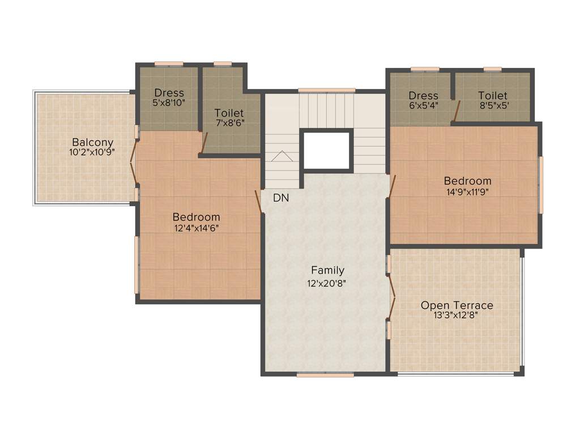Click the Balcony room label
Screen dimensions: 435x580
[x=92, y=142]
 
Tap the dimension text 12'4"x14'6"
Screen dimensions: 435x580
[x=196, y=228]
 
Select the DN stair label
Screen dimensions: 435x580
[x=281, y=198]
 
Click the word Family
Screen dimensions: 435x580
[x=327, y=270]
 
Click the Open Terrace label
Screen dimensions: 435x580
[x=457, y=305]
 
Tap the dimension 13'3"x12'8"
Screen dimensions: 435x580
[x=457, y=315]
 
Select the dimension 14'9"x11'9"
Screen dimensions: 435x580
[x=467, y=191]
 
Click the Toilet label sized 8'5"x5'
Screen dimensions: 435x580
[x=492, y=96]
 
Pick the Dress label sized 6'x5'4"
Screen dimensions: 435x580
[x=423, y=96]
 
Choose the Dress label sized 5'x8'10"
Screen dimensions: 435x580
[x=169, y=93]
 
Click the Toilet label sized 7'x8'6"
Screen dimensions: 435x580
[x=229, y=113]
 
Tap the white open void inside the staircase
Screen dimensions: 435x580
[x=327, y=150]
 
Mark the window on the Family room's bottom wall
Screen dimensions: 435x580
[x=325, y=374]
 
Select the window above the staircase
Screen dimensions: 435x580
[x=327, y=90]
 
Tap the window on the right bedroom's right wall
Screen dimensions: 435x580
[x=540, y=185]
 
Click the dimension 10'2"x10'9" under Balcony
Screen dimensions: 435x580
[x=92, y=152]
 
